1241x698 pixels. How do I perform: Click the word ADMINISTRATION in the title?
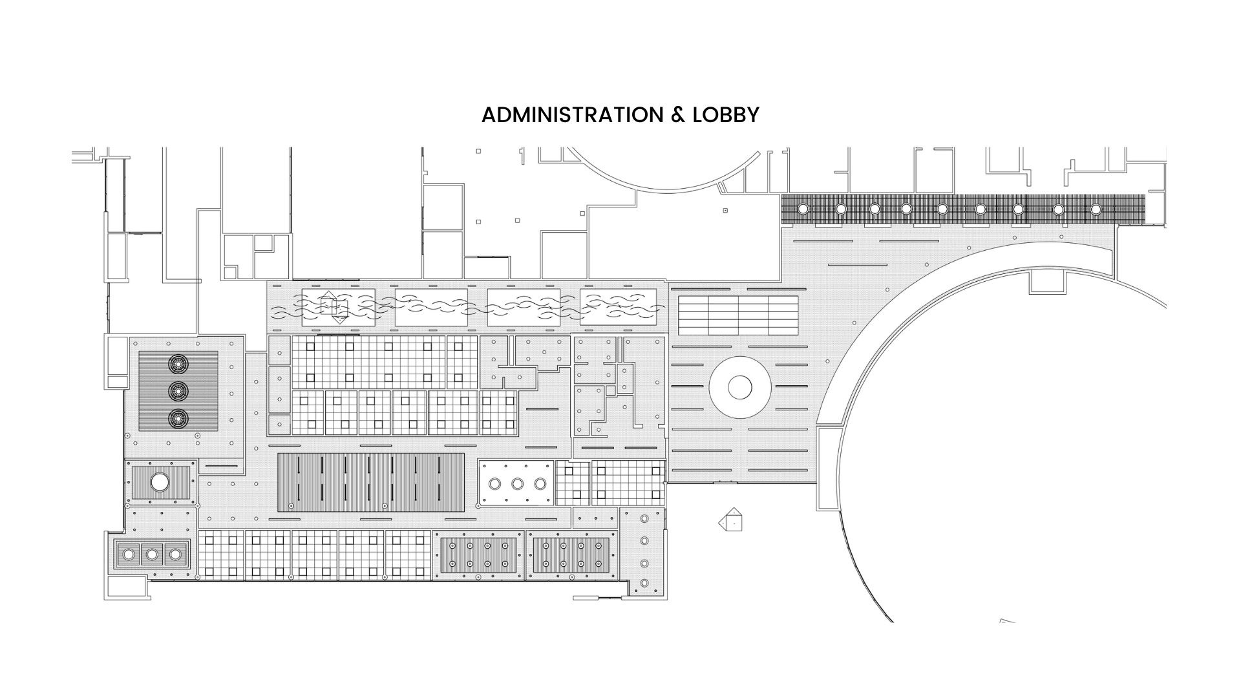click(572, 115)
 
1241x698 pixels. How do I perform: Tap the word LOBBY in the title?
click(726, 115)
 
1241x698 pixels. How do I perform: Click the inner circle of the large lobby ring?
click(739, 388)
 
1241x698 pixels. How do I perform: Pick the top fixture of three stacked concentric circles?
click(177, 364)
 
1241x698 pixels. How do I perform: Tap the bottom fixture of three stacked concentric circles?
click(177, 419)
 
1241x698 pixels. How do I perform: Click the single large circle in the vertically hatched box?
click(160, 481)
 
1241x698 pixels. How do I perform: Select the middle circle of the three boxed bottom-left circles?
click(151, 554)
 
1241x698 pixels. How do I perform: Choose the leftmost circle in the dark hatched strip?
click(803, 209)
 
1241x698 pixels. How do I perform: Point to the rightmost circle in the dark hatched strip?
click(1096, 209)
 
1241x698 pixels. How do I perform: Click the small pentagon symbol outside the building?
click(732, 520)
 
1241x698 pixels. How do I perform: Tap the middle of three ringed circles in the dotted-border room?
click(517, 483)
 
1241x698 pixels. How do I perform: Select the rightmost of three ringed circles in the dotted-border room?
click(540, 483)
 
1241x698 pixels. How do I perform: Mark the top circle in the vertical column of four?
click(644, 519)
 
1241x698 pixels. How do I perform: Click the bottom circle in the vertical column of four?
click(644, 584)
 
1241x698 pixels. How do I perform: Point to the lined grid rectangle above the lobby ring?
click(738, 315)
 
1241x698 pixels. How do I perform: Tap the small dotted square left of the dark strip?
click(725, 210)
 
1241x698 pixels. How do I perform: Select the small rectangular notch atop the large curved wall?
click(1046, 282)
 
